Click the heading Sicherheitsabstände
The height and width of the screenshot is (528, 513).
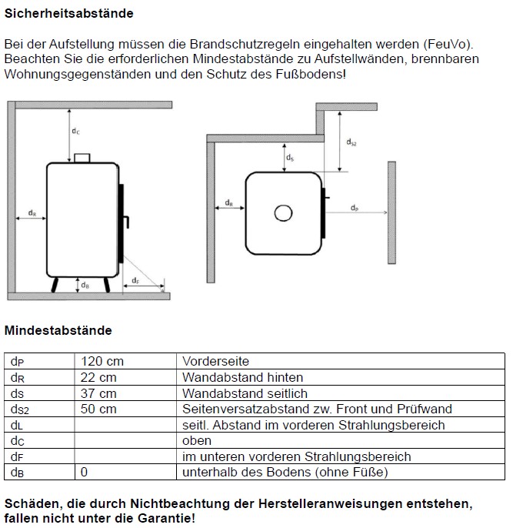coord(68,14)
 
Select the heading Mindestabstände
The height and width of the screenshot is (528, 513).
coord(58,331)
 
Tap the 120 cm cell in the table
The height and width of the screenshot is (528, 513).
coord(102,362)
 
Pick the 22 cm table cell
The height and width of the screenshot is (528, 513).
coord(99,378)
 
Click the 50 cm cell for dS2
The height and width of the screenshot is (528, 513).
coord(99,409)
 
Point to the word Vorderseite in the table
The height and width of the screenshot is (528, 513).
coord(216,362)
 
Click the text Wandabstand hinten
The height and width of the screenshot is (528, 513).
coord(243,378)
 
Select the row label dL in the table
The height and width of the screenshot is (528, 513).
coord(18,426)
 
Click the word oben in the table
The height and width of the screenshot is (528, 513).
coord(197,441)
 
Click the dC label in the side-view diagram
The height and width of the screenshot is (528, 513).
coord(75,132)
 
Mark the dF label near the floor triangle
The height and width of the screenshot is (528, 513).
coord(135,281)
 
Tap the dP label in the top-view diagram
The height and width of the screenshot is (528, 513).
coord(354,209)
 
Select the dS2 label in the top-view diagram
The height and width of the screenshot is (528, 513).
coord(351,142)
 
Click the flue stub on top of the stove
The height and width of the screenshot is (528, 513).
coord(82,158)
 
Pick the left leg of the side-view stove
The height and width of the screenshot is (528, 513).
coord(54,285)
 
